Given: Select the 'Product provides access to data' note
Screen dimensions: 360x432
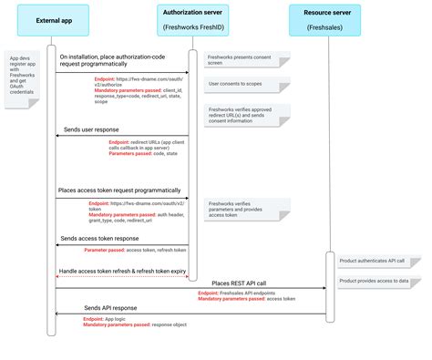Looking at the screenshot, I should click(x=374, y=282).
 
